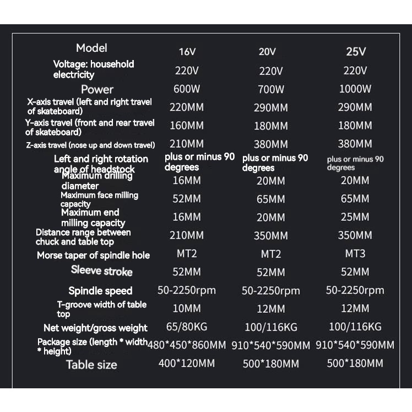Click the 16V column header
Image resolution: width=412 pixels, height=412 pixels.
pos(187,52)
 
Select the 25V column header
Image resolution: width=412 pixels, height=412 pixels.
pos(356,52)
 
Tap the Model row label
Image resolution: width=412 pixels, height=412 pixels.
pos(91,48)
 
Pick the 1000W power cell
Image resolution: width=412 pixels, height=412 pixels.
pos(355,89)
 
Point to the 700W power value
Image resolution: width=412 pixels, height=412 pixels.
pos(271,89)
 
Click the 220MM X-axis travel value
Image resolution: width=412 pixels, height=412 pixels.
pos(187,107)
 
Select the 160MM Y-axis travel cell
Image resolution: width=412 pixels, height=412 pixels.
pos(187,126)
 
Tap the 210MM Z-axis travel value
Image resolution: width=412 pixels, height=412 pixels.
pos(187,144)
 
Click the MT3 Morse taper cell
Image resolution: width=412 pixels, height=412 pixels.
pos(355,254)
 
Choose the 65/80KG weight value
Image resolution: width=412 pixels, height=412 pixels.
pos(187,327)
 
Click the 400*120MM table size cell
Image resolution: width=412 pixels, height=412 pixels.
pos(186,364)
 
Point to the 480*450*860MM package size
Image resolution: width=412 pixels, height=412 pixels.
pos(187,345)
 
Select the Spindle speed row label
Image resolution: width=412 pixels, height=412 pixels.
pos(100,291)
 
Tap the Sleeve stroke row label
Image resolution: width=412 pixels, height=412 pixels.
pos(102,270)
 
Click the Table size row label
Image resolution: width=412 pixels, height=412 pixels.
pos(91,365)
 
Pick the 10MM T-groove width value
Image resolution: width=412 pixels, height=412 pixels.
pos(187,308)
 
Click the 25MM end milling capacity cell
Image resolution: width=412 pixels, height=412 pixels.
pos(355,217)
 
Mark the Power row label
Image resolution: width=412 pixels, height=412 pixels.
pos(97,89)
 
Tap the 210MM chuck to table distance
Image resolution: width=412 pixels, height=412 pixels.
pos(187,236)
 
